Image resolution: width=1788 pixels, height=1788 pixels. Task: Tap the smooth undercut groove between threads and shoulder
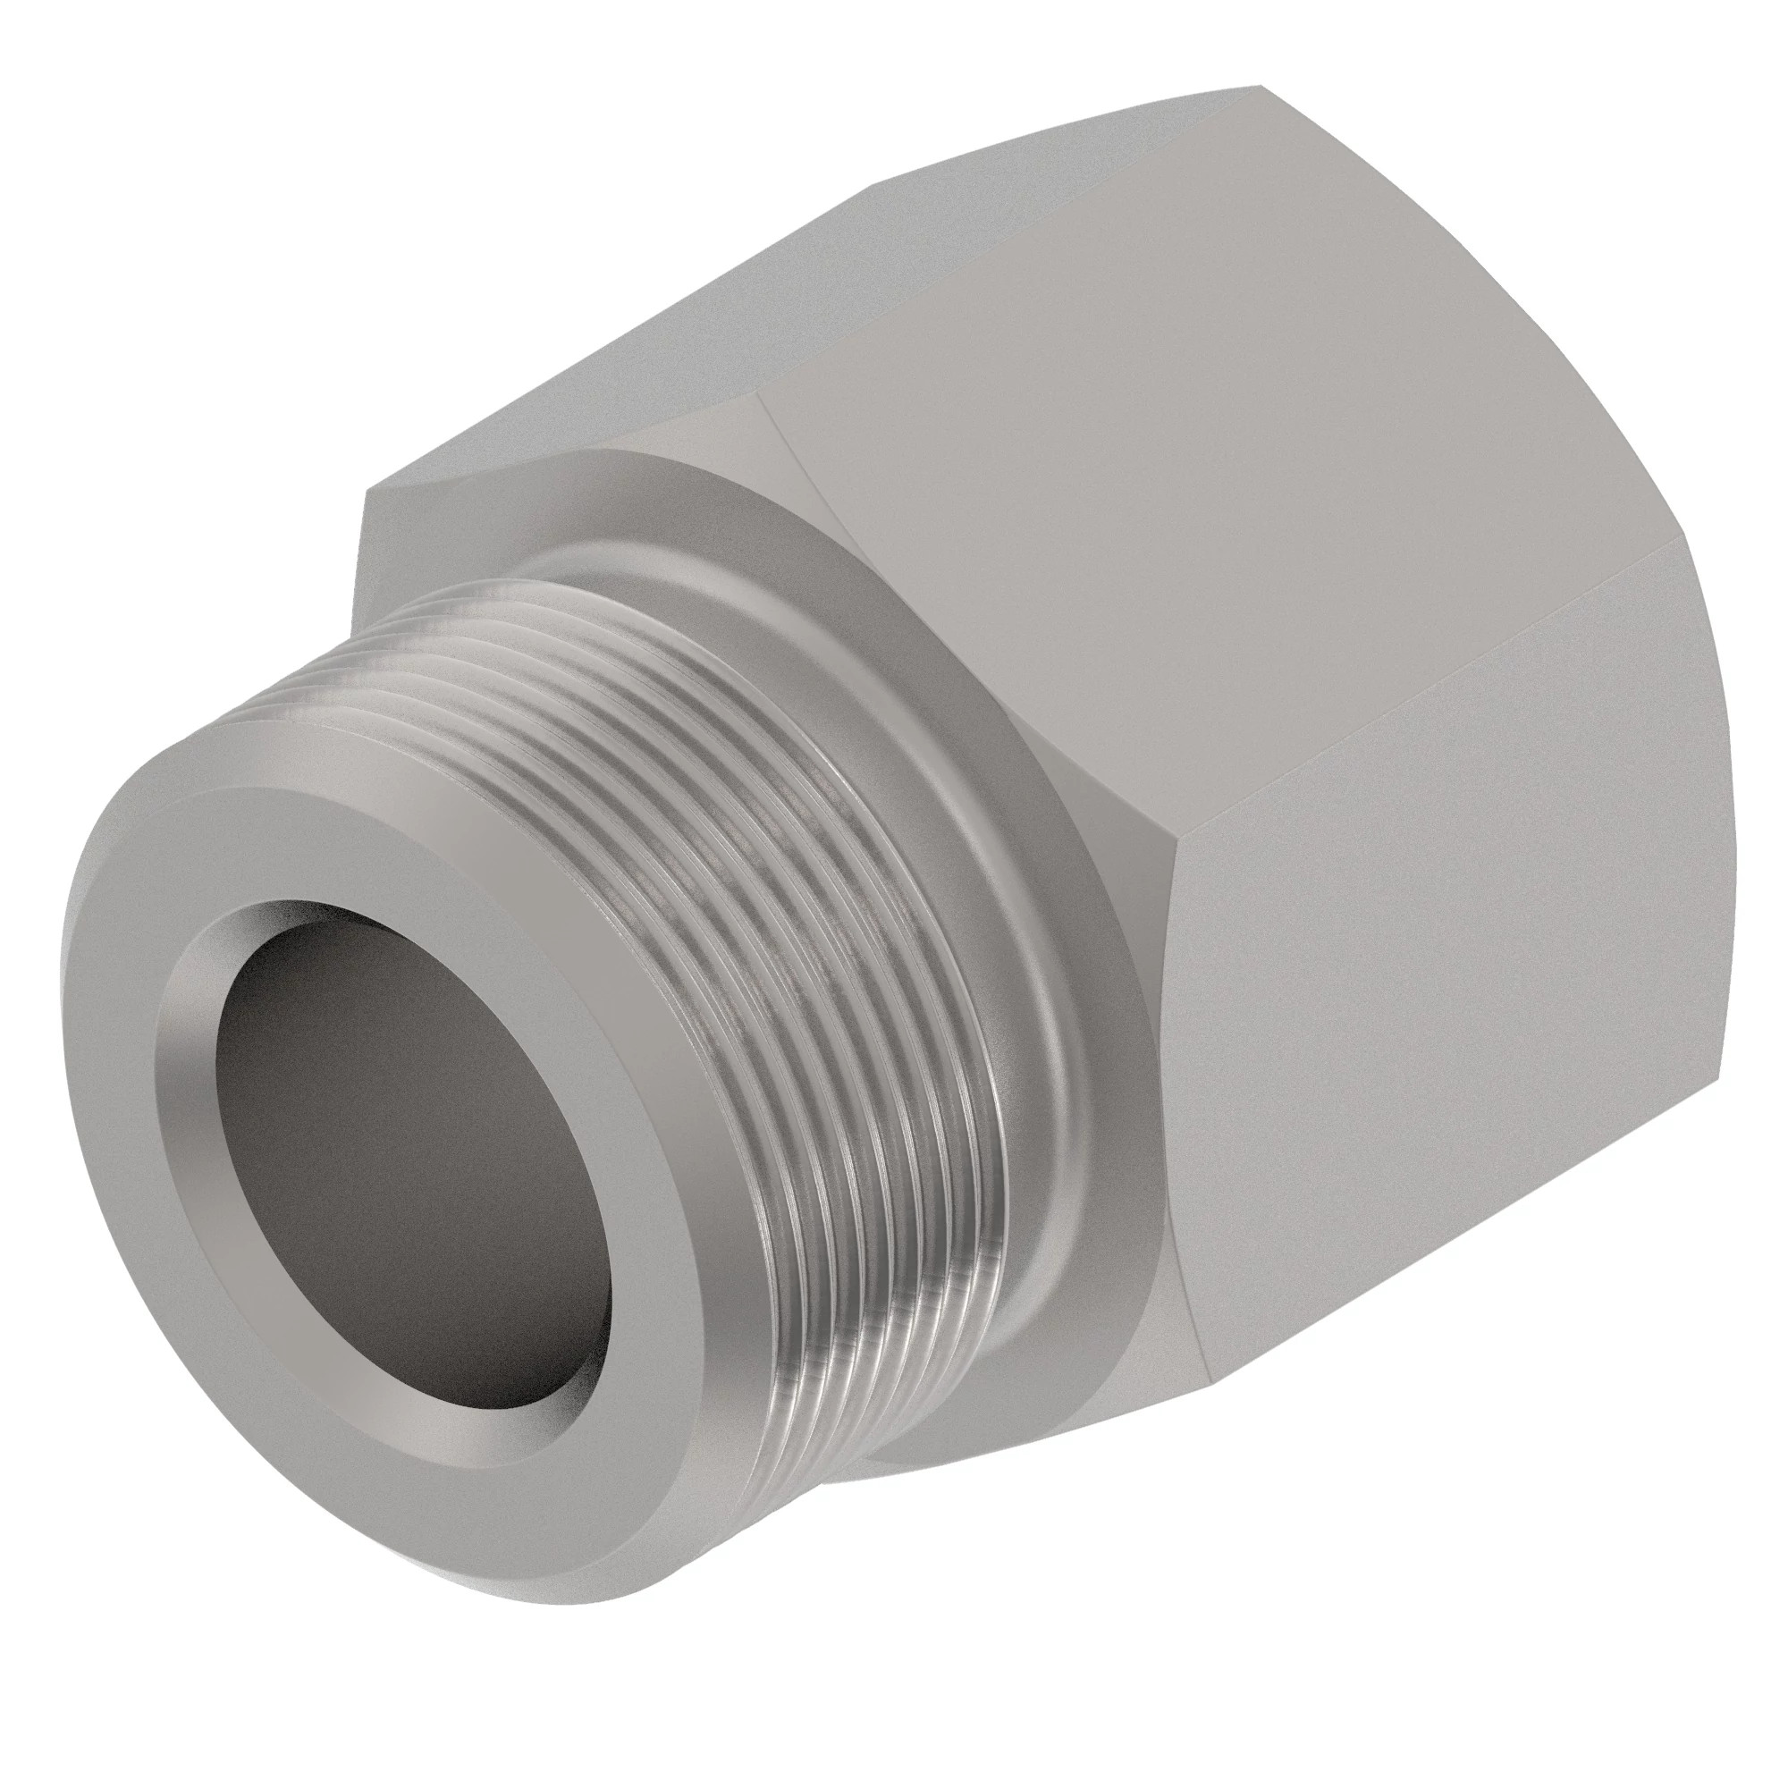[999, 925]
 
